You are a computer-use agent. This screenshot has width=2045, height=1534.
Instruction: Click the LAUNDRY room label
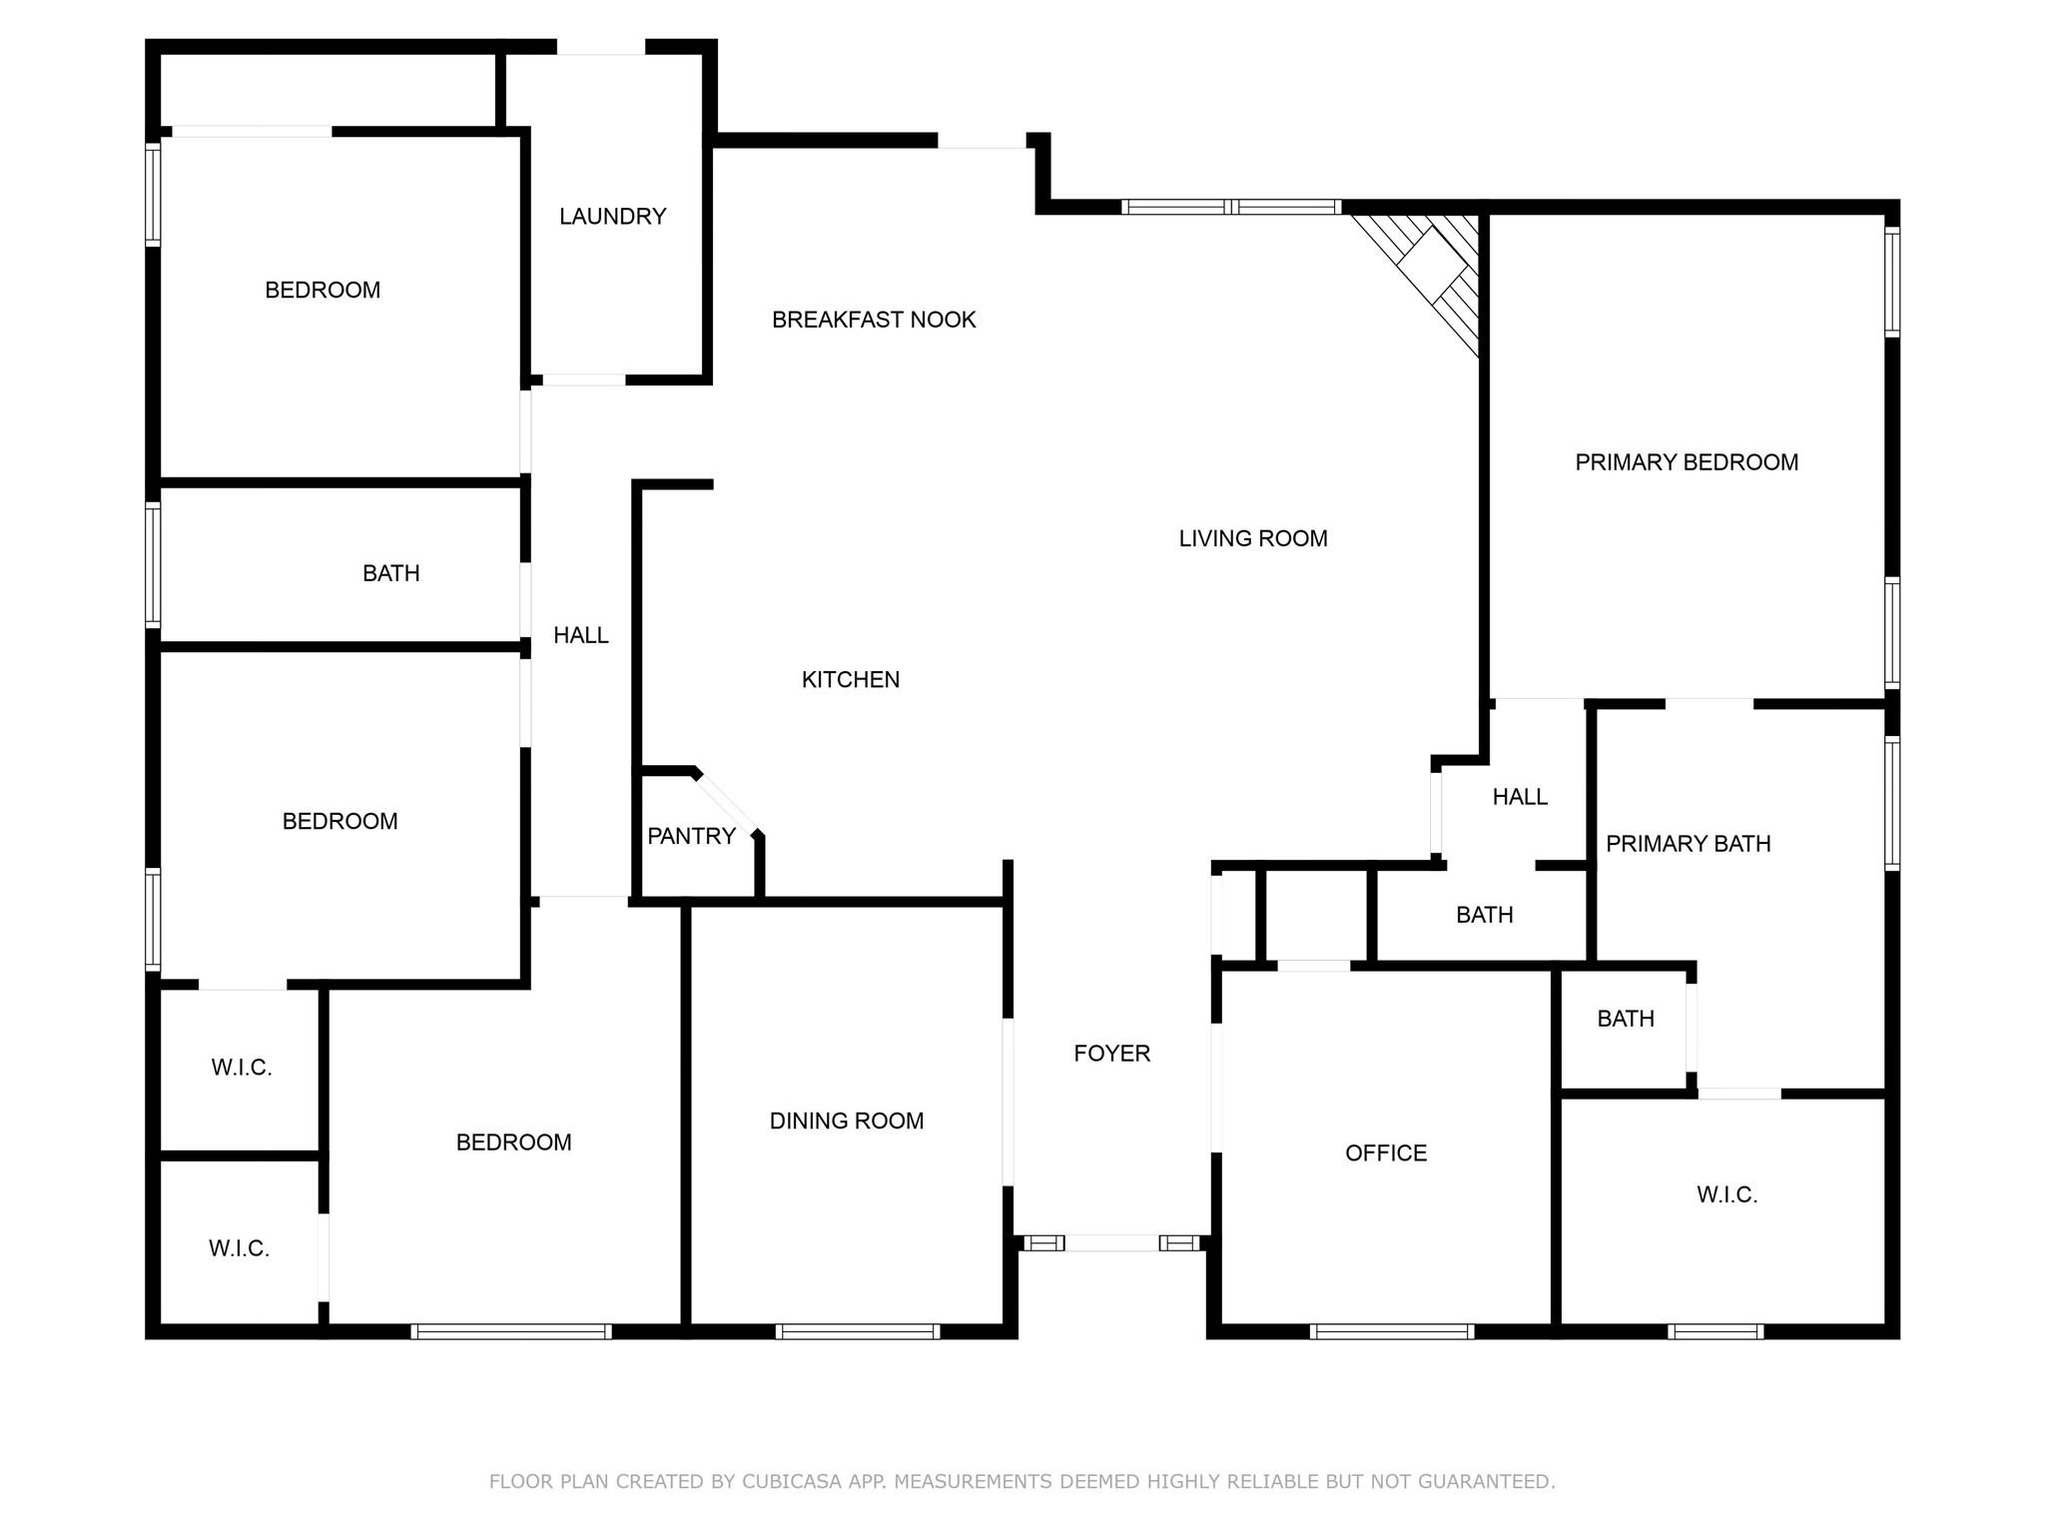click(612, 217)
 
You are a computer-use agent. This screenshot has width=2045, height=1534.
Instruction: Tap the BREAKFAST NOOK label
click(874, 320)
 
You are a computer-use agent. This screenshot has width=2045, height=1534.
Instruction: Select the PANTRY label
click(691, 836)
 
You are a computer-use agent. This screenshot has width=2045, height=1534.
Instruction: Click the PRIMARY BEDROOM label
click(1687, 462)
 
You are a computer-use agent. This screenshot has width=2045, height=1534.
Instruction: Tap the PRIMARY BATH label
click(1688, 844)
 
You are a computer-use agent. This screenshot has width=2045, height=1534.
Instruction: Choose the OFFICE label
click(1386, 1153)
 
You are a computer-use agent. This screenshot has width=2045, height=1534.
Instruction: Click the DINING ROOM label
click(847, 1121)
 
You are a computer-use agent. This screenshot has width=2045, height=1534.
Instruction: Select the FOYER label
click(1111, 1053)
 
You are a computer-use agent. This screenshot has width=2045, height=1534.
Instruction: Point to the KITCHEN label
click(851, 680)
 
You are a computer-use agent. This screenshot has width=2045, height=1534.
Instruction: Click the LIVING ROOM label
click(1253, 539)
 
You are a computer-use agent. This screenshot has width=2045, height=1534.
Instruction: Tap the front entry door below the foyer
click(1111, 1243)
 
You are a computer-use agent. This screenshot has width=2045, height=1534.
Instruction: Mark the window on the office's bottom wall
click(1391, 1331)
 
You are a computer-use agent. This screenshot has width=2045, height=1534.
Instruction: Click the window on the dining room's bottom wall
click(858, 1331)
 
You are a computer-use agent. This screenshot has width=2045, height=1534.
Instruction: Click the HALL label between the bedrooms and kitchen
click(581, 635)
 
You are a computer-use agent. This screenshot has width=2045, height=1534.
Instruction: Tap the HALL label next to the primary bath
click(1520, 797)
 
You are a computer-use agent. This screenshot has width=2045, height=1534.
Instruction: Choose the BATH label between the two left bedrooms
click(390, 573)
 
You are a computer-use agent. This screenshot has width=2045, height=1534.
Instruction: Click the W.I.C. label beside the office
click(1726, 1195)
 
